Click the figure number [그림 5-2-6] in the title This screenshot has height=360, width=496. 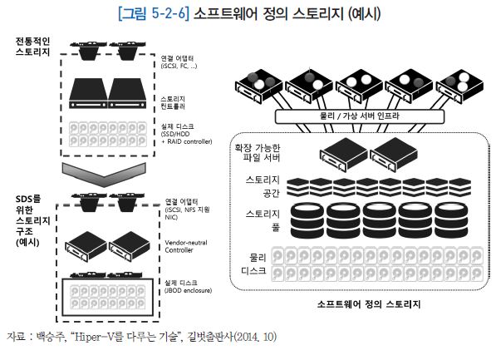click(x=154, y=13)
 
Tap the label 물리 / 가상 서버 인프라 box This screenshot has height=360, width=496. click(x=360, y=116)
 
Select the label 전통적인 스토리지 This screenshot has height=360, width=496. click(x=32, y=47)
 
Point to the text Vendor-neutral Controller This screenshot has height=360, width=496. click(x=186, y=246)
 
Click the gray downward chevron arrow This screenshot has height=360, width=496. click(x=104, y=174)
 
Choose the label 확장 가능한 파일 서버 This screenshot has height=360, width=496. click(x=258, y=152)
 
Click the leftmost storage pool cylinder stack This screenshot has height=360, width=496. click(x=307, y=220)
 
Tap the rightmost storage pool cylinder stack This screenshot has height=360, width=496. click(x=451, y=220)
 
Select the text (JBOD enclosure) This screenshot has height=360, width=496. click(x=188, y=290)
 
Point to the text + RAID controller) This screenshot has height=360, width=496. click(x=187, y=141)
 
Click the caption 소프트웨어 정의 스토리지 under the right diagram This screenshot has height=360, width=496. click(x=369, y=304)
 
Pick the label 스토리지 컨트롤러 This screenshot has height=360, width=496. click(x=173, y=102)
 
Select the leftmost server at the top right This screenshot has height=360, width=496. click(x=258, y=86)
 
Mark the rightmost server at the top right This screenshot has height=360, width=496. click(x=459, y=86)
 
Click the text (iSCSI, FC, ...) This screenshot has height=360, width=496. click(x=179, y=66)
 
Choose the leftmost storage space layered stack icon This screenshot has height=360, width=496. click(x=297, y=187)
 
